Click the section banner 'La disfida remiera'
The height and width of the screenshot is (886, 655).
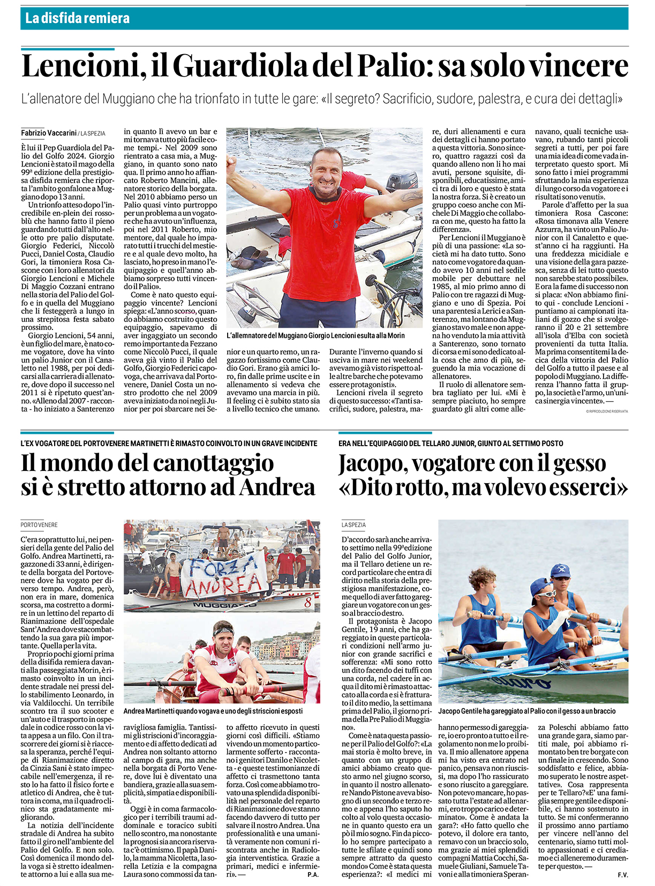[77, 18]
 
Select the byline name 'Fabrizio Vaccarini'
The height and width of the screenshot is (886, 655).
[49, 133]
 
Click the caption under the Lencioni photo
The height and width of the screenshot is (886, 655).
[315, 335]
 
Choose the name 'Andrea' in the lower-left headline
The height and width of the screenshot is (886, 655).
[277, 487]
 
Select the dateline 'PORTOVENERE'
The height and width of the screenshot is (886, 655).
[39, 525]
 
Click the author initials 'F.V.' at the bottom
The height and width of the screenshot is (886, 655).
[622, 875]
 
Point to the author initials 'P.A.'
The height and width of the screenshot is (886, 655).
[313, 875]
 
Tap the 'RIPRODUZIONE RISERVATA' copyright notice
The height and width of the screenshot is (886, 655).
[607, 411]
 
